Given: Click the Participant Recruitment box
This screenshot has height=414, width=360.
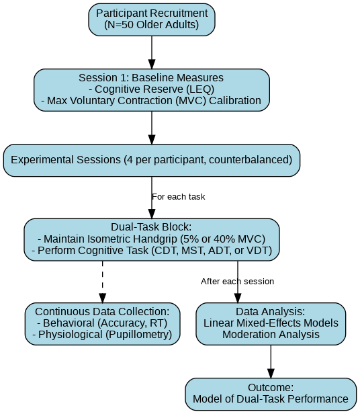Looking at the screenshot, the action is [x=152, y=19].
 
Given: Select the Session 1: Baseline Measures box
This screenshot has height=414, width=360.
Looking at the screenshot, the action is [x=152, y=90].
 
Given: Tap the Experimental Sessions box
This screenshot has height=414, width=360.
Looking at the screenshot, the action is [x=152, y=160].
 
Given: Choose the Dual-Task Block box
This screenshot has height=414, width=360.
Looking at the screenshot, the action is [x=152, y=239].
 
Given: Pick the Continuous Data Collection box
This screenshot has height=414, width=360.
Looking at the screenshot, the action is [x=102, y=324].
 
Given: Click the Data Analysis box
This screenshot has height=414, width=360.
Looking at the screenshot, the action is [x=271, y=324].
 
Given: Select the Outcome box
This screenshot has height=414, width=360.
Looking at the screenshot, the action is [x=271, y=394].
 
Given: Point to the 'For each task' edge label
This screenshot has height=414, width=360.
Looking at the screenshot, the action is [x=179, y=197].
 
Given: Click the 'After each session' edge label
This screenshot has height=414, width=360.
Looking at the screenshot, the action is [x=237, y=282].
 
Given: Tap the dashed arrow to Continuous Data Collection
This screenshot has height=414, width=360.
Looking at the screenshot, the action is [x=102, y=282].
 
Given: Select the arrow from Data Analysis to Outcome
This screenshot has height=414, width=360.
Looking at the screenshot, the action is [x=271, y=362].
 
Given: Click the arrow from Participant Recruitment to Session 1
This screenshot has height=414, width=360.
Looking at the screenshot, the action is [x=152, y=52].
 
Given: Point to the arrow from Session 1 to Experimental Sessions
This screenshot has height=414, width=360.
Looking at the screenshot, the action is [x=152, y=128].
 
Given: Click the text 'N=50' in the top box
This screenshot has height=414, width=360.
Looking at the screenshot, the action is [x=121, y=25].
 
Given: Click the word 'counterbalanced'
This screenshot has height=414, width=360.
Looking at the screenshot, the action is [x=249, y=160].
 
